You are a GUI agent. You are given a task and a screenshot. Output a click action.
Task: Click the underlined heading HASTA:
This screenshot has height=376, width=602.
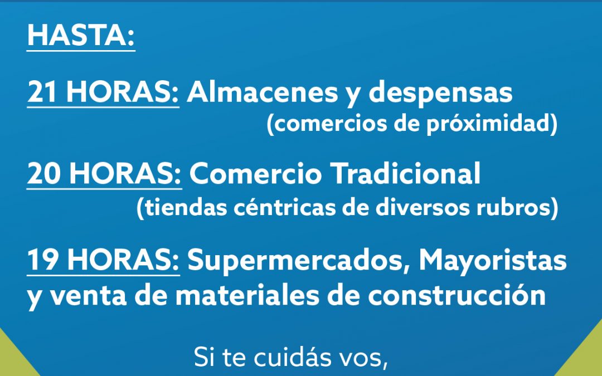point(81,36)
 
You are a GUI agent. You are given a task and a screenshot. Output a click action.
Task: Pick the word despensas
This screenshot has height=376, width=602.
point(440,94)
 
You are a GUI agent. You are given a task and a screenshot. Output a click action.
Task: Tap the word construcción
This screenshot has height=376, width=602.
point(457,295)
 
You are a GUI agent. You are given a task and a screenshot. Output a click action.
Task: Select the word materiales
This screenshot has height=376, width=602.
point(247,295)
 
